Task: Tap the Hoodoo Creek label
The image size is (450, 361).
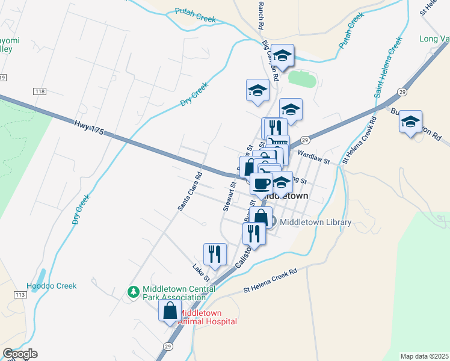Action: click(52, 286)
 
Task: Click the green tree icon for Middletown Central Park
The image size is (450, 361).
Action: click(134, 292)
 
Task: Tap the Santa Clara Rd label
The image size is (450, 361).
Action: click(190, 192)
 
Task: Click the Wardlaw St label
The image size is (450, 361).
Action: click(315, 159)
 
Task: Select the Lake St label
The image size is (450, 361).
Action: click(200, 273)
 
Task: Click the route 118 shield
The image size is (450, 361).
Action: click(40, 91)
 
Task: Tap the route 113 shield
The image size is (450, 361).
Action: click(19, 295)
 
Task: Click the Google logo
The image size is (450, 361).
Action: click(19, 354)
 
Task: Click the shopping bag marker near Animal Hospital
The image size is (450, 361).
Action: click(170, 311)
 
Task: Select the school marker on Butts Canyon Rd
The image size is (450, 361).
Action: click(411, 122)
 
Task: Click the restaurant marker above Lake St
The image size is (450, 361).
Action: click(215, 254)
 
